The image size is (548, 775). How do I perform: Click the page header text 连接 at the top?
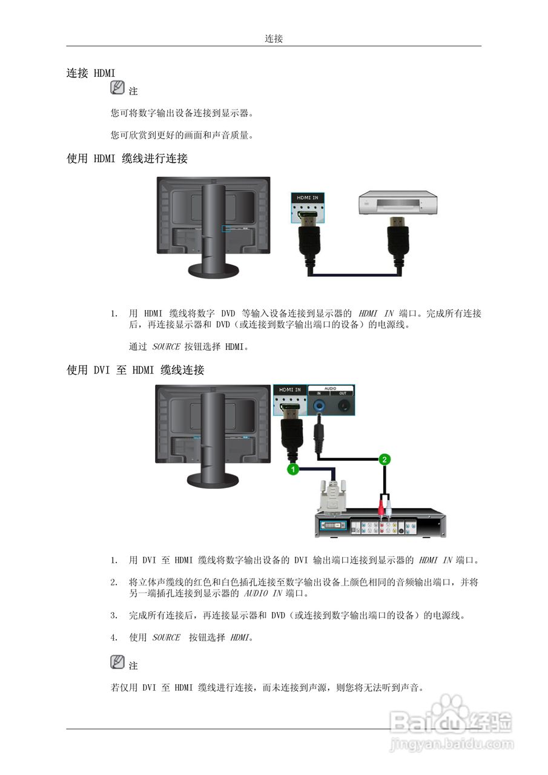tap(274, 39)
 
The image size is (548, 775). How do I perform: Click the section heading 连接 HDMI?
tap(91, 73)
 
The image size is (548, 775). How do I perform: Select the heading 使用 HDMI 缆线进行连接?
tap(127, 159)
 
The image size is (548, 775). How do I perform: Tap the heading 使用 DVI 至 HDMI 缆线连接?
tap(135, 370)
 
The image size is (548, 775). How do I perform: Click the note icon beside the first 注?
tap(117, 88)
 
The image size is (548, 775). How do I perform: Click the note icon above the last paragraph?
tap(117, 662)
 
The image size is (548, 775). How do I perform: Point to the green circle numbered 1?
tap(293, 469)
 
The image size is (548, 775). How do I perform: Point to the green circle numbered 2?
tap(384, 460)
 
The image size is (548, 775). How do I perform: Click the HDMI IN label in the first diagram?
tap(308, 198)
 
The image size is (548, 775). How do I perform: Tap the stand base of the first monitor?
tap(212, 269)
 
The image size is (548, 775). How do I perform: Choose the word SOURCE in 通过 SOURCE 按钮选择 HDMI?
tap(166, 347)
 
